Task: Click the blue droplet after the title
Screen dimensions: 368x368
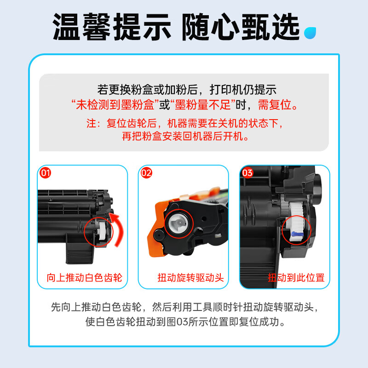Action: pyautogui.click(x=310, y=31)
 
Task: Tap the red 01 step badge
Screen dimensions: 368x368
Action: pyautogui.click(x=46, y=173)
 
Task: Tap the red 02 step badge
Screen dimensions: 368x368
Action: pyautogui.click(x=146, y=173)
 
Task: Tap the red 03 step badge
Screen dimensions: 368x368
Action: pyautogui.click(x=247, y=173)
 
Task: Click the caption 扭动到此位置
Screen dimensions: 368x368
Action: pyautogui.click(x=296, y=278)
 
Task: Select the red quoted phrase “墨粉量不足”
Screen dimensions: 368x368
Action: pyautogui.click(x=202, y=105)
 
